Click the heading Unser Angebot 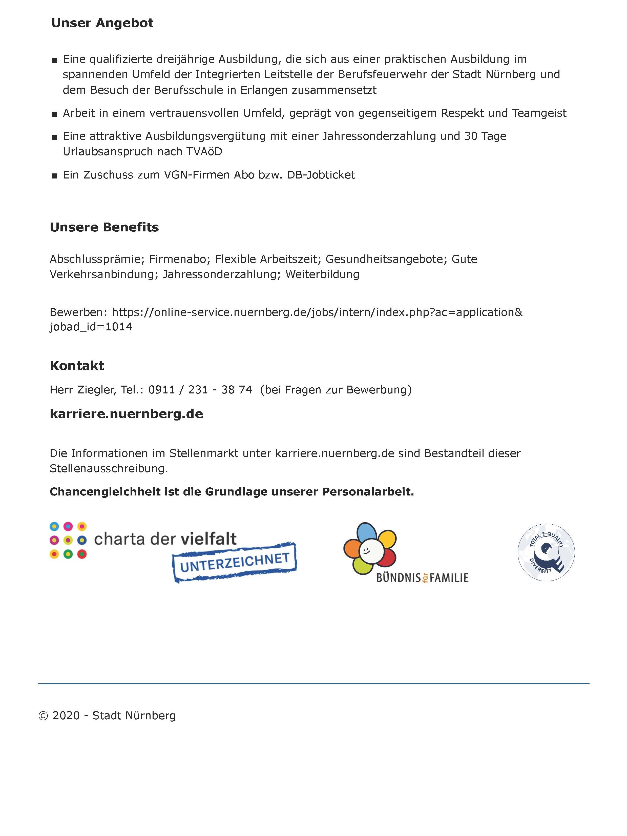[102, 23]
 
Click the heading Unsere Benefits [104, 227]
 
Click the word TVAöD [204, 152]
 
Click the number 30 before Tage [471, 136]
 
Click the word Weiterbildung [322, 274]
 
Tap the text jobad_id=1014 [91, 327]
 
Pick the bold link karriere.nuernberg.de [126, 414]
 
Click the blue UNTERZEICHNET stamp [235, 562]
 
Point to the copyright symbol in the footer [44, 716]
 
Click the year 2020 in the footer [66, 716]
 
